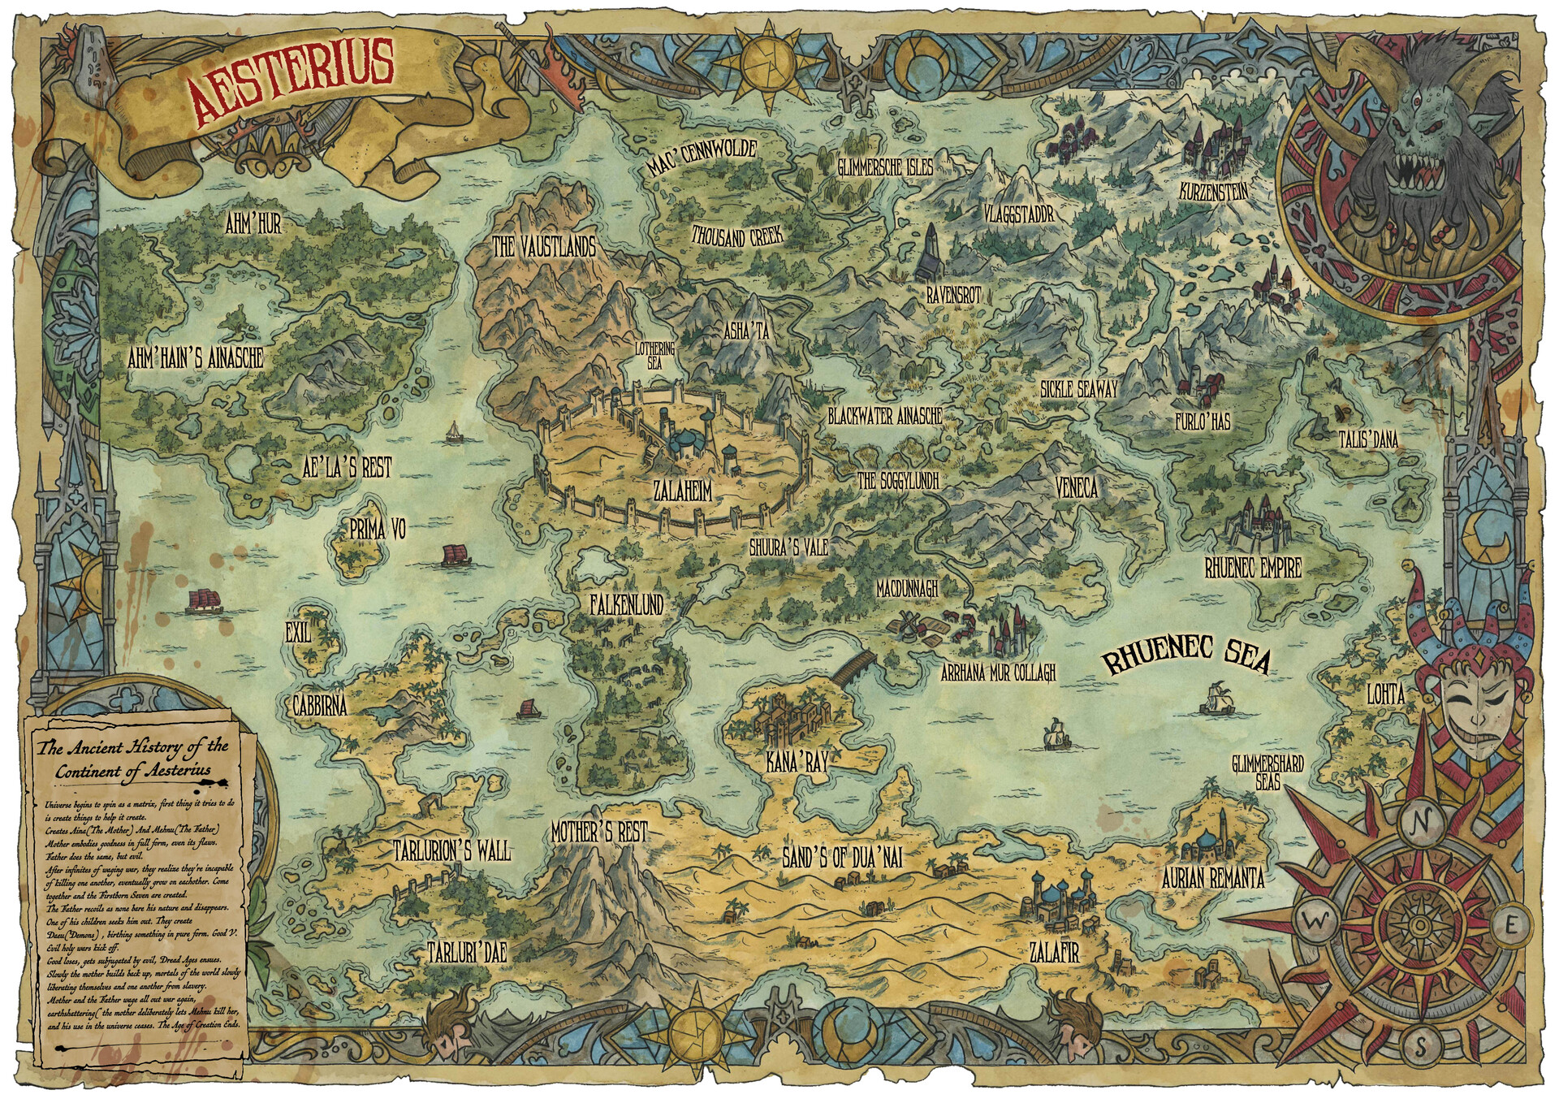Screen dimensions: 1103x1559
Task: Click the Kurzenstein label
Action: point(1214,192)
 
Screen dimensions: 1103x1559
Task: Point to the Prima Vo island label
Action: point(377,530)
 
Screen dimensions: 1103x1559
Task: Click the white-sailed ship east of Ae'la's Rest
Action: point(456,431)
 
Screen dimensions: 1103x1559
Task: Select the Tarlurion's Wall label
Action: point(451,850)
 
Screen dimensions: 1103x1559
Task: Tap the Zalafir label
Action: point(1053,952)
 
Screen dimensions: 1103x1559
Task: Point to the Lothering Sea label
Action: point(654,357)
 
